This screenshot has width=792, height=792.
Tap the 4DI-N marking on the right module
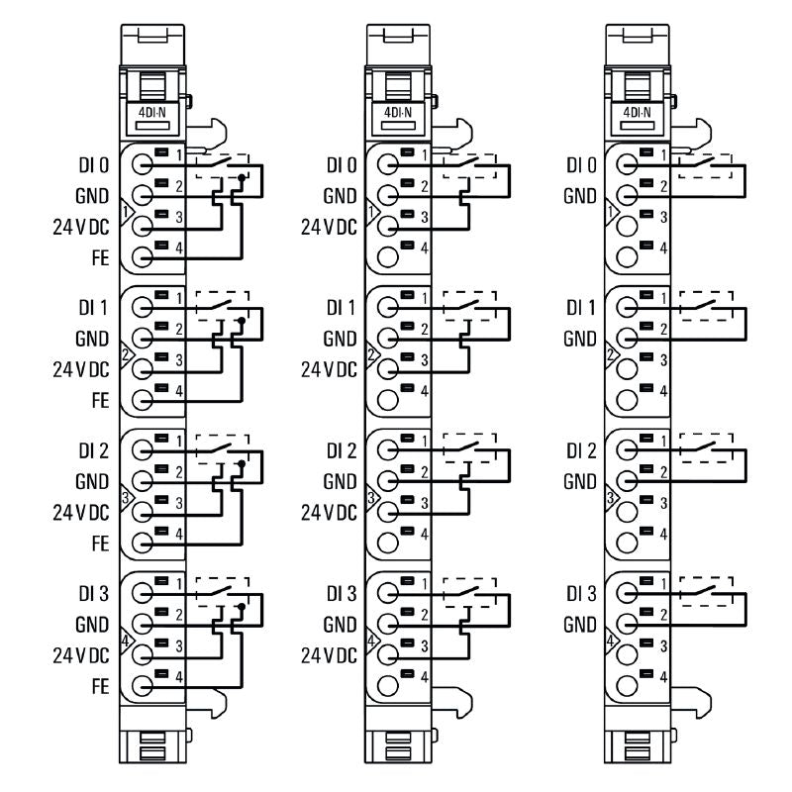[x=636, y=112]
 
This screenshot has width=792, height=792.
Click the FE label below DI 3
[x=100, y=685]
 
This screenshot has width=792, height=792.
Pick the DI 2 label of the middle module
[x=342, y=450]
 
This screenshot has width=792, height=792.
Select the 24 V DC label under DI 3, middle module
[x=328, y=654]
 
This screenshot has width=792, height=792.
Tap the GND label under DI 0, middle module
[x=342, y=195]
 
